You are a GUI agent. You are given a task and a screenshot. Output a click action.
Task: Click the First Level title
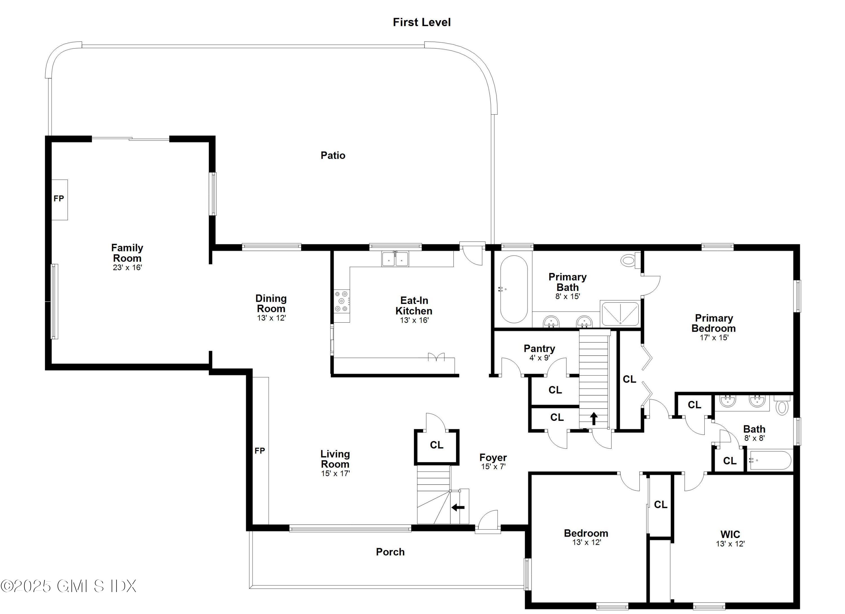point(421,22)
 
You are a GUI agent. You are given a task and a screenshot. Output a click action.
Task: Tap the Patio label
point(333,155)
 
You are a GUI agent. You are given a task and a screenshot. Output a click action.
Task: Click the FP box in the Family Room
point(59,199)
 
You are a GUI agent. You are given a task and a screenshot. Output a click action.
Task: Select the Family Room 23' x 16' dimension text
point(127,267)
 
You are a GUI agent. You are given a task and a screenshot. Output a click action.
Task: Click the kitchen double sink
point(395,258)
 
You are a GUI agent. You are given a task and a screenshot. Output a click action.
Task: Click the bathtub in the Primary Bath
point(513,289)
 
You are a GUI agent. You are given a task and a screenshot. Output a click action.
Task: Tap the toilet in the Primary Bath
point(629,260)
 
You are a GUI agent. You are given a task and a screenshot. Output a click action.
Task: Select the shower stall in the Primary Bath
point(620,313)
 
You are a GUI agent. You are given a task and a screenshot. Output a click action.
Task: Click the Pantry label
point(539,349)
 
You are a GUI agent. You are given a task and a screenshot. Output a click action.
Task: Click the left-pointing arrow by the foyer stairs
point(458,507)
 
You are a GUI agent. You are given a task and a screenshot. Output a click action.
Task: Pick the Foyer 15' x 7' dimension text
point(493,466)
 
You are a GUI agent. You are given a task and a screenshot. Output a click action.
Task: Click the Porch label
point(390,552)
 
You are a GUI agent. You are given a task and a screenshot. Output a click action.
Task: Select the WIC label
point(730,534)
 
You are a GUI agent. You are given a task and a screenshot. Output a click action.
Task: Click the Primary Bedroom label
point(713,323)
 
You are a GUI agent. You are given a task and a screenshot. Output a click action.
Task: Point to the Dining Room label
point(271,303)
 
